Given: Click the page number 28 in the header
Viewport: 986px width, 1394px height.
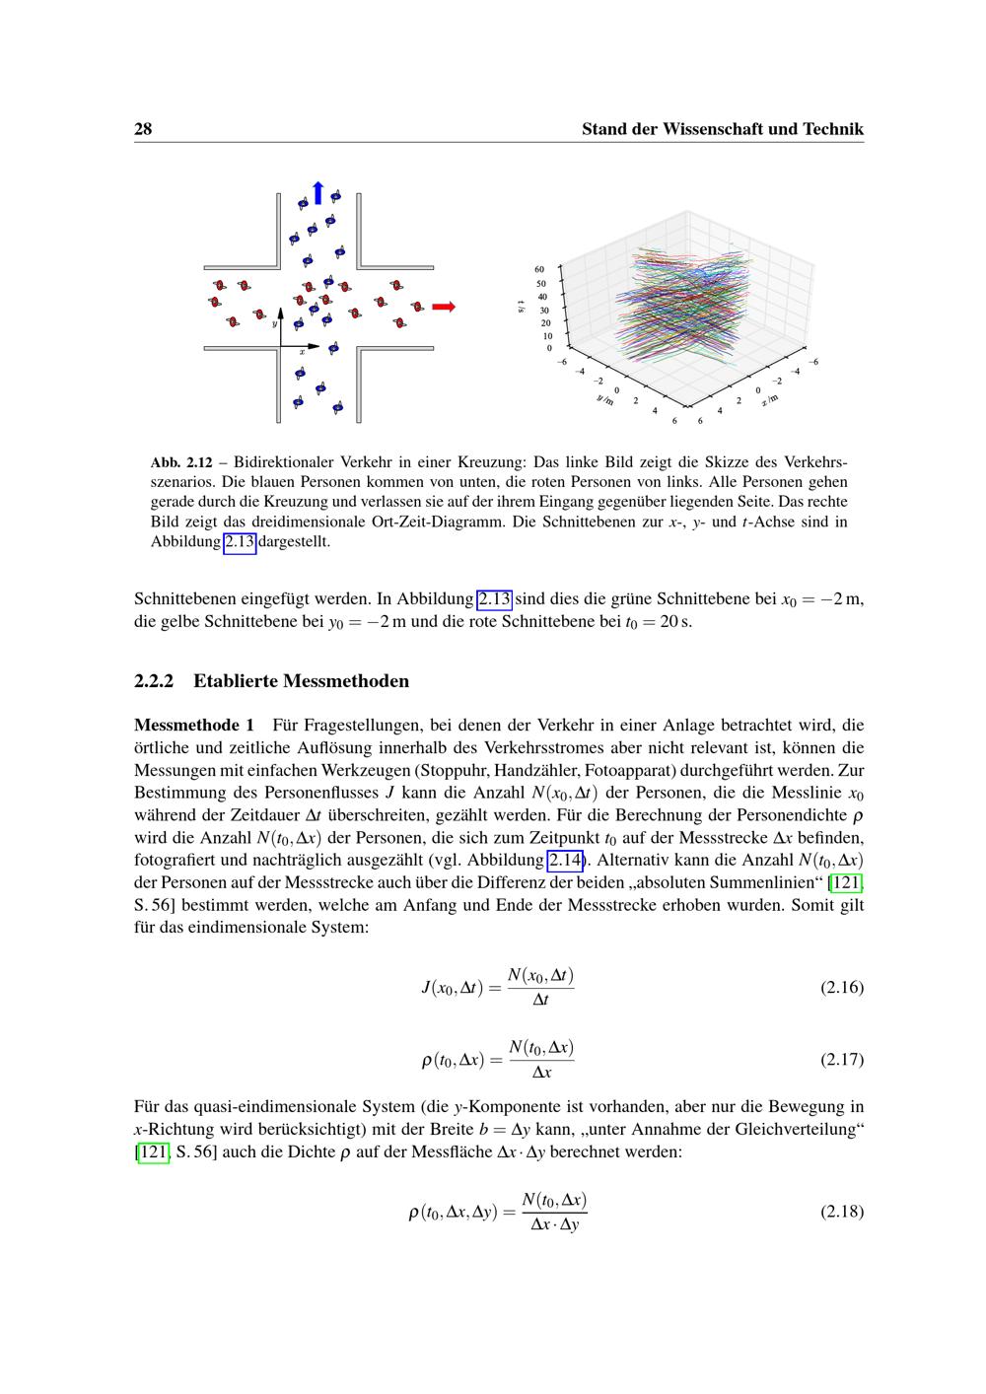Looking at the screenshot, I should click(x=142, y=129).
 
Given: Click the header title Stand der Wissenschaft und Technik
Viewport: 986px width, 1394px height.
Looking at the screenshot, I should click(x=722, y=129).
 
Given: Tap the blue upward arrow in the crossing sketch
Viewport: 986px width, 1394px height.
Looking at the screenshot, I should click(x=317, y=192).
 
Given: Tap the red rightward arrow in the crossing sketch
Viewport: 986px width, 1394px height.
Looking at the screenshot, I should click(x=444, y=307).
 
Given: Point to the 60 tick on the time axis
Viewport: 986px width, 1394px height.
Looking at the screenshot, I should click(x=539, y=268).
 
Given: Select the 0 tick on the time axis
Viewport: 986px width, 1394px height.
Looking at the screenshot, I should click(x=549, y=348).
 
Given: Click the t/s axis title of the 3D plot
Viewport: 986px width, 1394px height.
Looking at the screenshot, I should click(x=521, y=307).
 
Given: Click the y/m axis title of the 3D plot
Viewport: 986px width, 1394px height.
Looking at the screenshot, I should click(x=605, y=399).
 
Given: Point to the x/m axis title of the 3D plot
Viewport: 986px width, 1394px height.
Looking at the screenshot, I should click(x=770, y=399).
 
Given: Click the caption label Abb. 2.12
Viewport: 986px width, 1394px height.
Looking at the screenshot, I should click(x=181, y=462).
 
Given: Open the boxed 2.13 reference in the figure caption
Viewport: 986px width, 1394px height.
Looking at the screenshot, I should click(x=240, y=541).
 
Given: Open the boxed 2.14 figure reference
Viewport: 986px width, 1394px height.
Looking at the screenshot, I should click(x=564, y=861).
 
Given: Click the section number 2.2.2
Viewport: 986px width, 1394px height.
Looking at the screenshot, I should click(x=154, y=681).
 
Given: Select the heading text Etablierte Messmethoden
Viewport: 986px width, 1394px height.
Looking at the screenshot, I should click(x=301, y=681).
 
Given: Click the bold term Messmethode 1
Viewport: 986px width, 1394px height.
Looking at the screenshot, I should click(x=194, y=726).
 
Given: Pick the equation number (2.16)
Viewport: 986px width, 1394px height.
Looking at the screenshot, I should click(x=841, y=987).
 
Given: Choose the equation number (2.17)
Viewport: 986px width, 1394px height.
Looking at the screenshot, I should click(x=841, y=1060).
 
